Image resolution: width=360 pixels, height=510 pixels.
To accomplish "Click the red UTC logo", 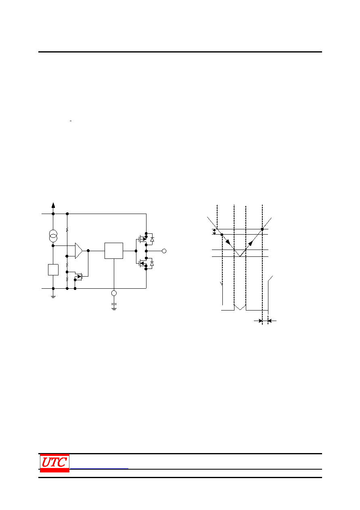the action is coord(54,463).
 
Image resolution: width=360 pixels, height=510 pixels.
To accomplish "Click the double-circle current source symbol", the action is coord(53,236).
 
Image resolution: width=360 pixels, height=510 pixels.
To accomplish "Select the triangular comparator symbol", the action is coord(79,251).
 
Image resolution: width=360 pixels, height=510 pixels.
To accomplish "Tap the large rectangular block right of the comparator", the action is coord(114,251).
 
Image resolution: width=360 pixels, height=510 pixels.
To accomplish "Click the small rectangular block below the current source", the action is coord(53,270).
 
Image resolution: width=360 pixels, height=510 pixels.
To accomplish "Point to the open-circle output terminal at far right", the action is coord(164,251).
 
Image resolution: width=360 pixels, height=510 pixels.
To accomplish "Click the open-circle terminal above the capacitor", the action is coord(114,293).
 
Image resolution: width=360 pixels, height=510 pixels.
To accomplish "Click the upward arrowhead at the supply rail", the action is coord(53,205).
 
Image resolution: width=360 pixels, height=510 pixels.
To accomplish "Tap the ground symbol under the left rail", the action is coord(53,297).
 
